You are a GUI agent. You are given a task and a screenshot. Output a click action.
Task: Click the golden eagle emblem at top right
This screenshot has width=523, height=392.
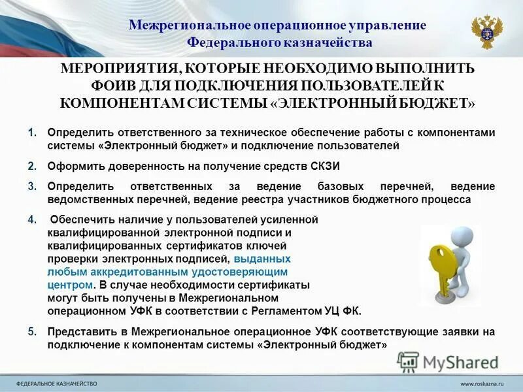tap(487, 31)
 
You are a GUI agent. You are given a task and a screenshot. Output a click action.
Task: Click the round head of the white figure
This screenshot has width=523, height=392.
tap(464, 235)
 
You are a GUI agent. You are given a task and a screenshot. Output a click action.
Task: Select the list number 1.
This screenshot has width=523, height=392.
tap(32, 133)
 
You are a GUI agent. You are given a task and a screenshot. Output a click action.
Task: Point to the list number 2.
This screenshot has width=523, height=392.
tap(32, 166)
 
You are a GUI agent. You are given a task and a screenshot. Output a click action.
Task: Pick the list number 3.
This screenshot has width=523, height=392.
tap(32, 186)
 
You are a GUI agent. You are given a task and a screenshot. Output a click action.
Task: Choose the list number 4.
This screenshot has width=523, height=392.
tap(32, 220)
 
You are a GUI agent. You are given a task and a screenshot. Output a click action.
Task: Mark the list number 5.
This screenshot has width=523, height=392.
tap(32, 331)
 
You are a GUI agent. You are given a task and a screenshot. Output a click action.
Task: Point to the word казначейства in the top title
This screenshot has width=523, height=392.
tap(335, 42)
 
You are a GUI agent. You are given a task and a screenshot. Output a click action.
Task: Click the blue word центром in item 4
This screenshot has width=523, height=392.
tap(70, 285)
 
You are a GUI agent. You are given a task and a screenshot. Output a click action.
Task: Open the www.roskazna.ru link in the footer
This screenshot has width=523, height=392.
tap(484, 383)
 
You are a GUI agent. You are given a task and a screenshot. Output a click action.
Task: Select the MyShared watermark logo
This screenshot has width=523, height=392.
tap(448, 362)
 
